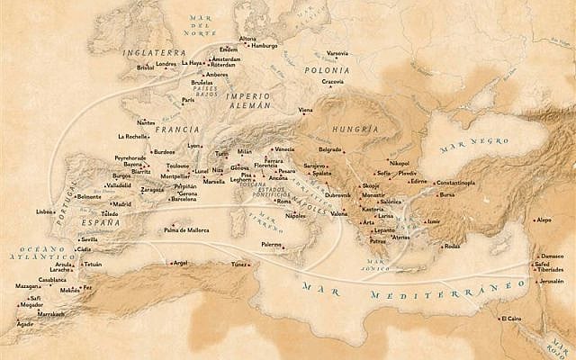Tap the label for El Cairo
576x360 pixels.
coord(511,318)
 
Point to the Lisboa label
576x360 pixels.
coord(45,211)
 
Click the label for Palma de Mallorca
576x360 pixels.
coord(190,229)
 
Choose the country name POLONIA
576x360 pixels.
coord(327,69)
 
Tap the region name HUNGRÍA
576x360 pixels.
coord(355,129)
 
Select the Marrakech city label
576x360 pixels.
coord(51,314)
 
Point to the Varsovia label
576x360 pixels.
coord(337,53)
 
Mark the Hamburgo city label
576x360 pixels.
coord(265,45)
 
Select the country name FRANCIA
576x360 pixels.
coord(176,129)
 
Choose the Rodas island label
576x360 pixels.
coord(453,245)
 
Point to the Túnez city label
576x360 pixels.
coord(239,265)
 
